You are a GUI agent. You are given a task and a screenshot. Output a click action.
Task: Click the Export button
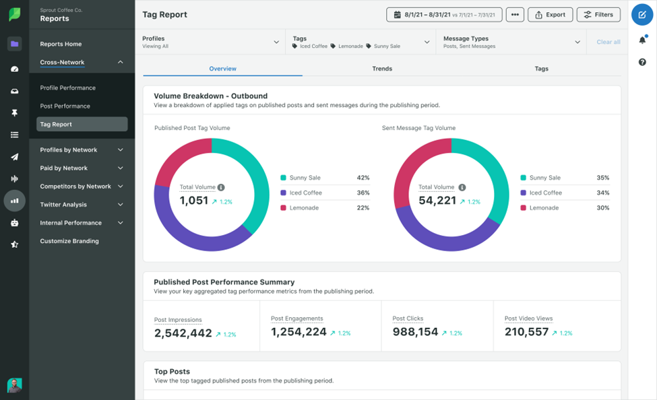[x=551, y=14]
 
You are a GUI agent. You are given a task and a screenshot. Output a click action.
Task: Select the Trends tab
[x=381, y=69]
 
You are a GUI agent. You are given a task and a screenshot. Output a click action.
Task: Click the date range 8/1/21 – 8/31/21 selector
[x=444, y=14]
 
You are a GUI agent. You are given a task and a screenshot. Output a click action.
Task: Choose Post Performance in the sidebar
[x=65, y=106]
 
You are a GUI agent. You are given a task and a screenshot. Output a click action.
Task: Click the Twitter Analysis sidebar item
[x=64, y=205]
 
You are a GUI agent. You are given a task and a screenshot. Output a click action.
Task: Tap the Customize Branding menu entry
[x=69, y=241]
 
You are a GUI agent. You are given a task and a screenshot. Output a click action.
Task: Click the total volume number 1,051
[x=193, y=201]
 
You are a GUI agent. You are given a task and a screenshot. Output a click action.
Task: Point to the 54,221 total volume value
[x=437, y=201]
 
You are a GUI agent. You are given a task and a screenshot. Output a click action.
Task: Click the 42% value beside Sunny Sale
[x=363, y=178]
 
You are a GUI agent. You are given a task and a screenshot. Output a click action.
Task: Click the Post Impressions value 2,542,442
[x=183, y=333]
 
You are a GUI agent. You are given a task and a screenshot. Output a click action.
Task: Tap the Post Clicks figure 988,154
[x=415, y=332]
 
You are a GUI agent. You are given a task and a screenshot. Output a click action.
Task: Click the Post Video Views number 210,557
[x=526, y=332]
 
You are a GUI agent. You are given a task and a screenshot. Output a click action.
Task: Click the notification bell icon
[x=642, y=40]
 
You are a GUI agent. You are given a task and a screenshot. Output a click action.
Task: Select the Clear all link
[x=608, y=42]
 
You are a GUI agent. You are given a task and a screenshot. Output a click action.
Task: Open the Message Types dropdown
[x=511, y=42]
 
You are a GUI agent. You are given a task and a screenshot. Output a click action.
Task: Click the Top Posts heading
[x=172, y=371]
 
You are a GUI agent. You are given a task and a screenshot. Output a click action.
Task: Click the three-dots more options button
[x=515, y=14]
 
